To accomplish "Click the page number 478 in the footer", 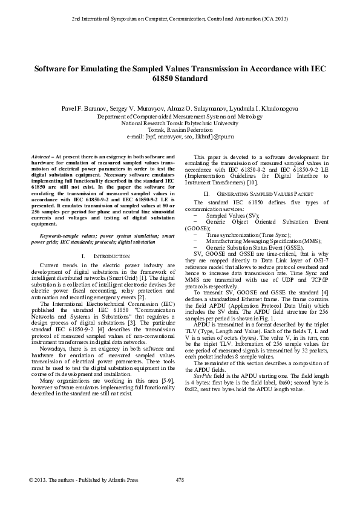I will coord(179,481).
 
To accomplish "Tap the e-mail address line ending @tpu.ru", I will coord(180,137).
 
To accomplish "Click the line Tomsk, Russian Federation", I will coord(180,130).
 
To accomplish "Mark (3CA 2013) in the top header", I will coord(271,19).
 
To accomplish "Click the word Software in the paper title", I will coord(50,69).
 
